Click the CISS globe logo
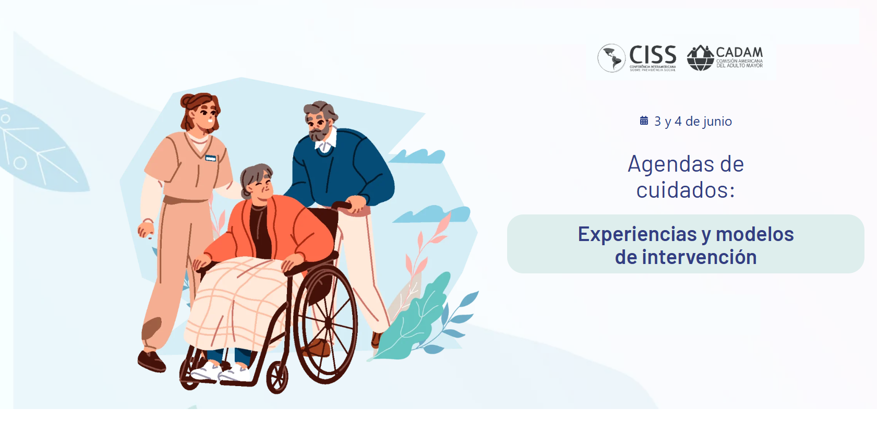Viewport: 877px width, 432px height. pos(611,58)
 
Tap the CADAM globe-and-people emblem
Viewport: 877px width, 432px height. pos(701,58)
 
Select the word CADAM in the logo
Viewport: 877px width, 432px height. pos(739,53)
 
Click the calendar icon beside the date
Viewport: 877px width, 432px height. pos(644,120)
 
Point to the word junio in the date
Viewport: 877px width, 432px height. pos(716,122)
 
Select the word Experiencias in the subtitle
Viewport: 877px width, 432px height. pos(638,234)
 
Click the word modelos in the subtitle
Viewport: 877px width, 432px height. pos(755,234)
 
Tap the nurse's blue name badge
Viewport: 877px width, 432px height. pos(211,158)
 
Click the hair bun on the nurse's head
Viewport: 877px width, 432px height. pos(188,100)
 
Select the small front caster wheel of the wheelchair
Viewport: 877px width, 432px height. pos(277,377)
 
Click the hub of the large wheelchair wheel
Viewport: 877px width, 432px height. pos(329,323)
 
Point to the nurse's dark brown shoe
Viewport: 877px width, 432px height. pos(151,361)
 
